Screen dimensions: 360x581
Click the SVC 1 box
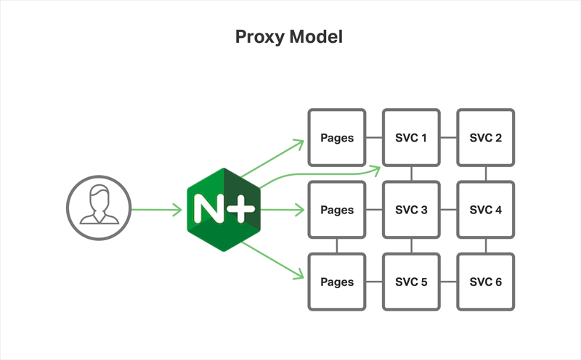[x=411, y=138]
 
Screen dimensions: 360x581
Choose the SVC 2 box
[x=485, y=138]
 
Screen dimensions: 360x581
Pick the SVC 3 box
[x=411, y=210]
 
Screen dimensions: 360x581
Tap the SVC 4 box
[x=485, y=210]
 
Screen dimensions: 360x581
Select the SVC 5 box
[x=411, y=282]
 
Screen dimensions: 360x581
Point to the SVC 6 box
[x=485, y=282]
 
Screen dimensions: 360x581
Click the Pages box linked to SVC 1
[x=337, y=138]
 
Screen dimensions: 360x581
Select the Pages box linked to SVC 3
[x=337, y=210]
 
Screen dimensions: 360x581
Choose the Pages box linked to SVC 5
[x=337, y=282]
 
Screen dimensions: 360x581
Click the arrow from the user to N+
[x=156, y=210]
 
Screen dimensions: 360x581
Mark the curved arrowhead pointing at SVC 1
[x=376, y=170]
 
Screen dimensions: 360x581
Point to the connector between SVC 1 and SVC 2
[x=448, y=138]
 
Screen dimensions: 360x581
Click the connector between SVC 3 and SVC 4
[x=448, y=210]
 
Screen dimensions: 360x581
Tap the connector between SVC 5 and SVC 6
[x=448, y=282]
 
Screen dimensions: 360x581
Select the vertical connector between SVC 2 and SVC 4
[x=485, y=174]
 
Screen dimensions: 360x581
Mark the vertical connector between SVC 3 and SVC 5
[x=411, y=246]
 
